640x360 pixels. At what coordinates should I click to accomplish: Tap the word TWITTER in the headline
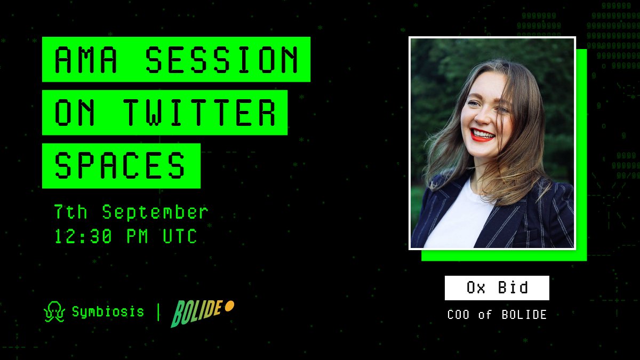click(200, 113)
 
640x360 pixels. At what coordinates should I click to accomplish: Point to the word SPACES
click(121, 165)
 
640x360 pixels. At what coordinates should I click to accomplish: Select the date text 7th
click(70, 212)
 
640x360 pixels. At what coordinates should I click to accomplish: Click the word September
click(155, 212)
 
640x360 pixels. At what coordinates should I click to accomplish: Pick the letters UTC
click(180, 236)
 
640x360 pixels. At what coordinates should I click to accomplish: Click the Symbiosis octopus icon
click(54, 312)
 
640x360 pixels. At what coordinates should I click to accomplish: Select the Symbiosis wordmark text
click(108, 311)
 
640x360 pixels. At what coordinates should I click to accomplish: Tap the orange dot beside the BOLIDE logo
click(230, 306)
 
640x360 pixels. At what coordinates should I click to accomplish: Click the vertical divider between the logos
click(158, 312)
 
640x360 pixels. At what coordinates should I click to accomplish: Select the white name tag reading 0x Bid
click(497, 288)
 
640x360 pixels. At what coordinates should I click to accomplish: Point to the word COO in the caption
click(458, 315)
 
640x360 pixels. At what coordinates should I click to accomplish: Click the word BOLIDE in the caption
click(524, 315)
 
